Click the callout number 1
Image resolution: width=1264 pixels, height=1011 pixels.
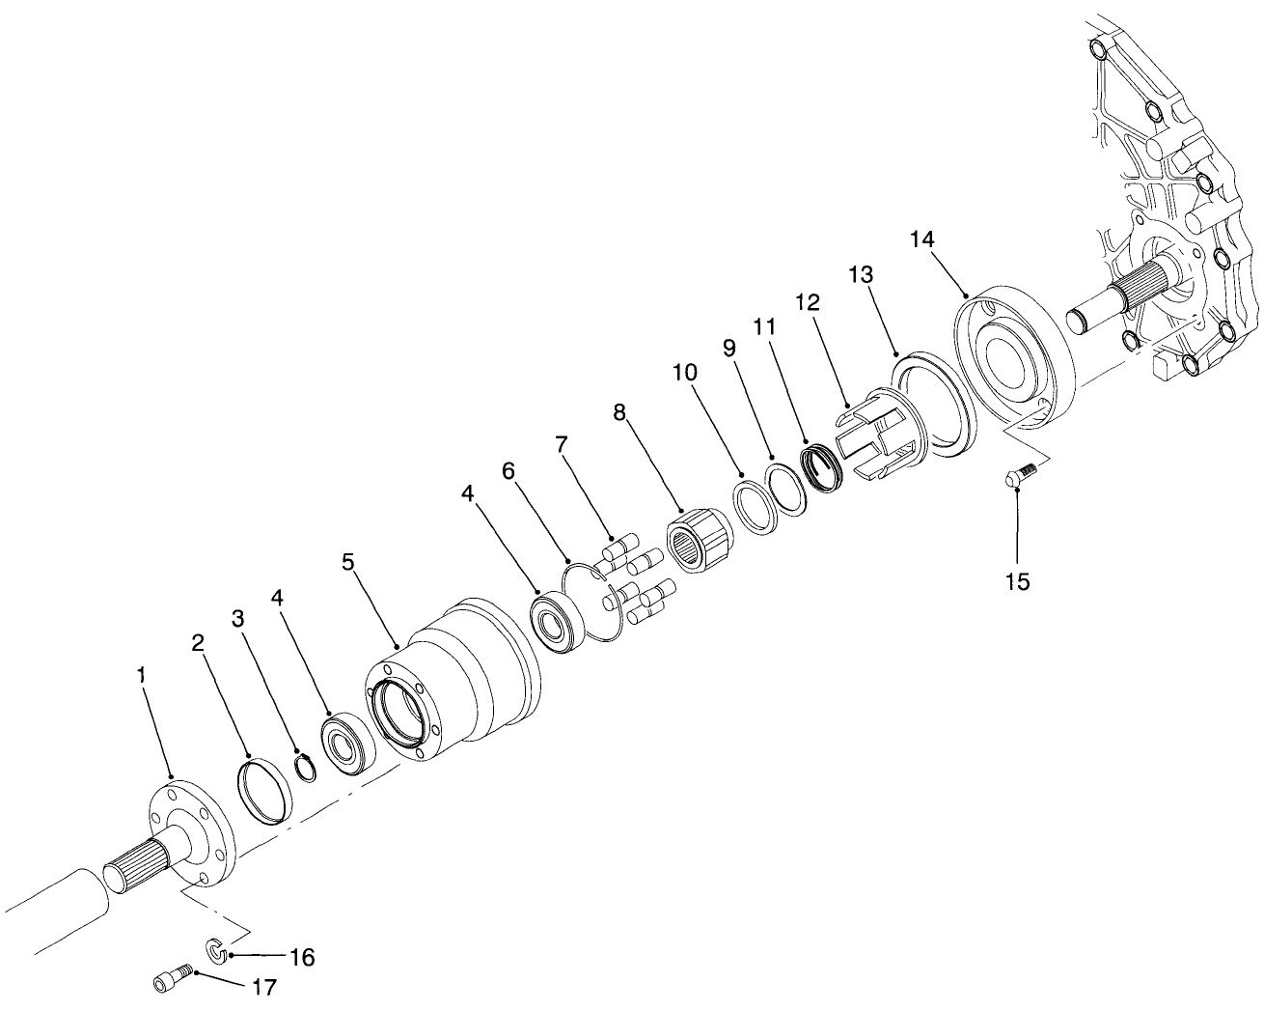tap(142, 676)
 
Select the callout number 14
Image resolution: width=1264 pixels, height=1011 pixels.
tap(921, 238)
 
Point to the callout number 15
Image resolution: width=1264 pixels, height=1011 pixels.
tap(1017, 581)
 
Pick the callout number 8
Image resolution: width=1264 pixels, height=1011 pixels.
tap(618, 413)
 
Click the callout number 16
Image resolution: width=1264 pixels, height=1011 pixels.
tap(301, 958)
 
